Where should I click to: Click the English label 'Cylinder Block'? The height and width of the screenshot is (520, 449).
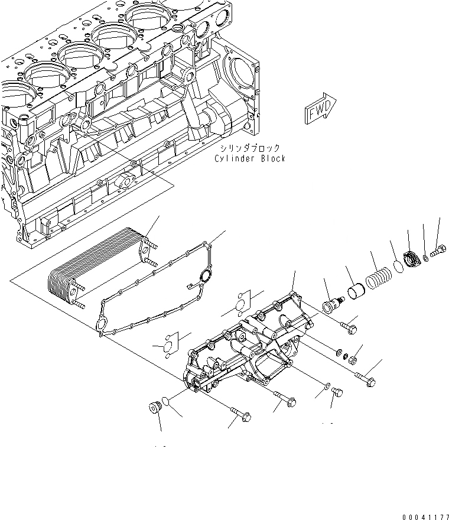(x=250, y=158)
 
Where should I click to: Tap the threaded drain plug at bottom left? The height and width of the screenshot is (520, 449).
(x=155, y=408)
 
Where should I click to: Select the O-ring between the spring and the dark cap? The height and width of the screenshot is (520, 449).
(x=398, y=266)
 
